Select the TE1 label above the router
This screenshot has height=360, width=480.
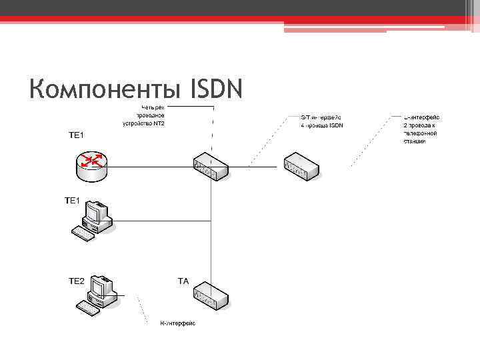point(77,135)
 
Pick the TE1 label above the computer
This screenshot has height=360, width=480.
point(72,200)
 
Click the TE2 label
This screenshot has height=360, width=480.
point(77,281)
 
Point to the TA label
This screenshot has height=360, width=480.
point(183,281)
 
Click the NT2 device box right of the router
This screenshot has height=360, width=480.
point(211,165)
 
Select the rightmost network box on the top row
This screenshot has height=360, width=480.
point(303,166)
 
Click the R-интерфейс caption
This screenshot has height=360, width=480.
point(177,323)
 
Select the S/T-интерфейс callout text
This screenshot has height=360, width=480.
point(321,121)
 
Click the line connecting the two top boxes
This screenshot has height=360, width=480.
point(257,166)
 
